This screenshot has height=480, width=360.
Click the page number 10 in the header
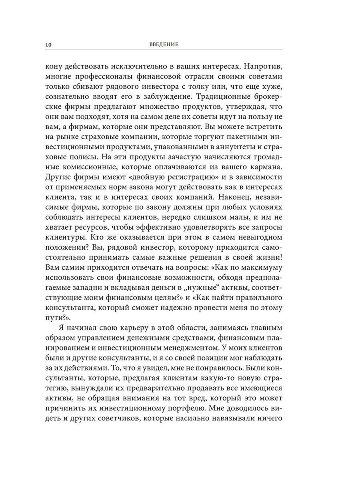point(50,44)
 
